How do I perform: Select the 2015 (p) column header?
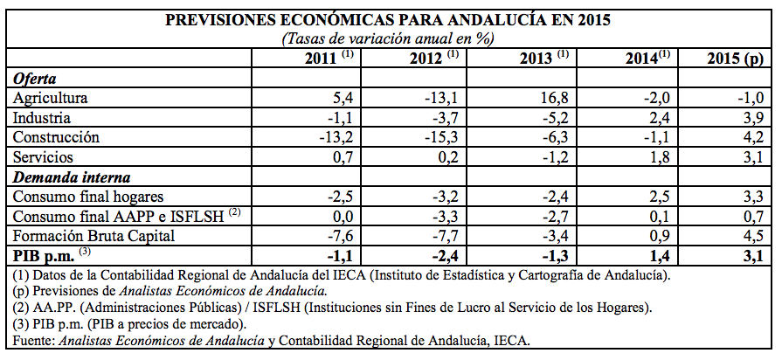[x=735, y=59]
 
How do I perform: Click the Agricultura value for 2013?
[x=554, y=98]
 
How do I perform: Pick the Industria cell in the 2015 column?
[x=752, y=118]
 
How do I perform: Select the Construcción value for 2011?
[x=337, y=137]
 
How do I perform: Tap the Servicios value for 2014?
[x=657, y=157]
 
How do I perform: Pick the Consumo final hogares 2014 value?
[x=657, y=197]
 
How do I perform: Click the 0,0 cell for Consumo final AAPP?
[x=342, y=216]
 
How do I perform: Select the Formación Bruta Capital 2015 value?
[x=752, y=234]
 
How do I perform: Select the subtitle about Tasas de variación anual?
[x=388, y=38]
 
